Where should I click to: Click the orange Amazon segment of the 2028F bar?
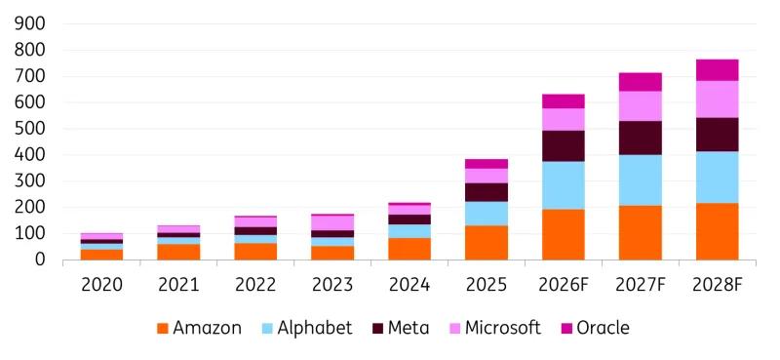point(717,231)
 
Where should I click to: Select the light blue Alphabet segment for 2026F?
point(564,185)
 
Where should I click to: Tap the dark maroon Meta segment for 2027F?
point(641,138)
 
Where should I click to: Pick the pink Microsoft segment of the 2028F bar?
point(717,100)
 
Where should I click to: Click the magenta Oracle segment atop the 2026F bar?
point(564,101)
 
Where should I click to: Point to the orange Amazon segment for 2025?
point(487,243)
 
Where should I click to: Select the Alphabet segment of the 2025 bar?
point(487,214)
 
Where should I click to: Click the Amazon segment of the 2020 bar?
point(102,255)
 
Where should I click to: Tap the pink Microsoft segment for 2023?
point(332,222)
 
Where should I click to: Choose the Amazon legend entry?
point(200,328)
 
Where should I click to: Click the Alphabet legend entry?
point(306,328)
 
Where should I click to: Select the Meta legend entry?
point(401,328)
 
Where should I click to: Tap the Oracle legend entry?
point(595,328)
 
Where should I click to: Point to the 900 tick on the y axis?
point(30,23)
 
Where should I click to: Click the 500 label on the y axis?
point(30,129)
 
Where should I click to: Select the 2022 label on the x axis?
point(255,285)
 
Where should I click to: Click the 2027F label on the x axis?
point(641,285)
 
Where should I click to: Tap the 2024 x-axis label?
point(409,285)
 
